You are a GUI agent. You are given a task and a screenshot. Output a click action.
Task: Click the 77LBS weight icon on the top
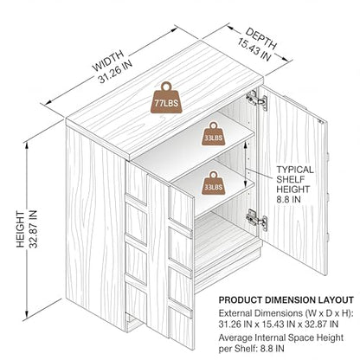[x=165, y=98]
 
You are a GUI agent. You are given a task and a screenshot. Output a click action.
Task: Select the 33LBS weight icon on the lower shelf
[x=213, y=183]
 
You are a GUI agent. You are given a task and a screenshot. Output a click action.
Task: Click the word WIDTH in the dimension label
[x=108, y=61]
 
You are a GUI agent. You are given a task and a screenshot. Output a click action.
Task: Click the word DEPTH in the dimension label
[x=261, y=38]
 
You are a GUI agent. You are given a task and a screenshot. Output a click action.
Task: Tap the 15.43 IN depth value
[x=254, y=49]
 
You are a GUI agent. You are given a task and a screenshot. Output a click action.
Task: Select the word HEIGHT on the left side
[x=21, y=229]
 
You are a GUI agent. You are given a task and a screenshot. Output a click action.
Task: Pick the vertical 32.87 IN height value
[x=33, y=229]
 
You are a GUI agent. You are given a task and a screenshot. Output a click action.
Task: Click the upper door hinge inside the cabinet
[x=256, y=99]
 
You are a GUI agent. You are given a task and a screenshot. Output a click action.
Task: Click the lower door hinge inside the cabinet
[x=256, y=220]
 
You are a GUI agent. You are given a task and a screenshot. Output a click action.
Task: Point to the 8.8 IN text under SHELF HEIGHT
[x=288, y=199]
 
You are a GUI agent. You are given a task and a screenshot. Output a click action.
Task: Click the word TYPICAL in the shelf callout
[x=295, y=170]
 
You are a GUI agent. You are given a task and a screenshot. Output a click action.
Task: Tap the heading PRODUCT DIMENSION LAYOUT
[x=286, y=300]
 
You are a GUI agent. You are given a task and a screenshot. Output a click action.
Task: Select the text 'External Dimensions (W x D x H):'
[x=286, y=313]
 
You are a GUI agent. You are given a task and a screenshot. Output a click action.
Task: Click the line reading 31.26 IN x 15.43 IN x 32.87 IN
[x=279, y=324]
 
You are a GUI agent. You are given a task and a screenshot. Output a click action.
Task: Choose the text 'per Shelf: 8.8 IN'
[x=251, y=348]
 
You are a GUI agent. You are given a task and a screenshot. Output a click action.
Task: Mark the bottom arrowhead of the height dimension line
[x=27, y=314]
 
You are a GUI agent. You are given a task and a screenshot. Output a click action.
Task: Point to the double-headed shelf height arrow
[x=245, y=164]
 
